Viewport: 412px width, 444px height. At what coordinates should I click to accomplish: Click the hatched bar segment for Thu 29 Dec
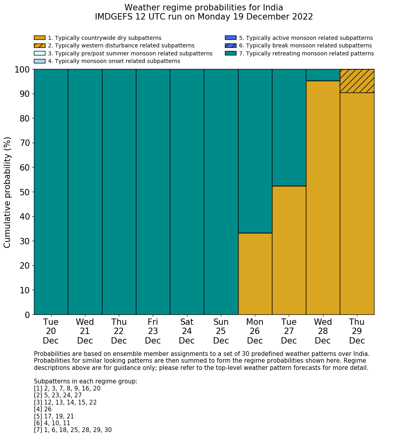(x=357, y=81)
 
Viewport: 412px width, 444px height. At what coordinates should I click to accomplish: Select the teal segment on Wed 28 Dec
(x=323, y=75)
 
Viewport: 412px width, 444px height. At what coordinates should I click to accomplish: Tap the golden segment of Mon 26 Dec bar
(x=255, y=274)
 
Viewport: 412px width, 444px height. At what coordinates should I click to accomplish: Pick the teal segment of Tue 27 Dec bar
(x=289, y=128)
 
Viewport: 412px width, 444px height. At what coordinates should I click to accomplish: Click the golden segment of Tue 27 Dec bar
(x=289, y=250)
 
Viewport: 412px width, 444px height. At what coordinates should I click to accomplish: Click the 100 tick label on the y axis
(x=22, y=70)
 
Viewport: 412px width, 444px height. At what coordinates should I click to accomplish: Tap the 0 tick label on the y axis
(x=27, y=315)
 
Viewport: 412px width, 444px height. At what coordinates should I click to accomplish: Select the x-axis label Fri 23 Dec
(x=153, y=331)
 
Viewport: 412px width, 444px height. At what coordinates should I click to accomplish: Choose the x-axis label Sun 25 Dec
(x=221, y=331)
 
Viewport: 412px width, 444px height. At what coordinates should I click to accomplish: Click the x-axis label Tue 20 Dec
(x=51, y=331)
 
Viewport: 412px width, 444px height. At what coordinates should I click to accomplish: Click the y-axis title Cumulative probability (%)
(x=8, y=192)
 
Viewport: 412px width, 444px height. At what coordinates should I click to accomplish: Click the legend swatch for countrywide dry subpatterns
(x=39, y=38)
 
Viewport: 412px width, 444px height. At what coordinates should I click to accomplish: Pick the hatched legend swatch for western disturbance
(x=39, y=45)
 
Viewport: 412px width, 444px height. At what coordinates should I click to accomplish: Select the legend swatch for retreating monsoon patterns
(x=231, y=53)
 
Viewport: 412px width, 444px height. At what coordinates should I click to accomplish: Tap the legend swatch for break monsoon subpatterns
(x=231, y=45)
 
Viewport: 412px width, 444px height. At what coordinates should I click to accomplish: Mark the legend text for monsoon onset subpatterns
(x=114, y=61)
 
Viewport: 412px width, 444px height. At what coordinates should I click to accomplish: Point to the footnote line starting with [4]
(x=43, y=409)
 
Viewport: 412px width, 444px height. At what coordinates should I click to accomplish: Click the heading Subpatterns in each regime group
(x=85, y=381)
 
